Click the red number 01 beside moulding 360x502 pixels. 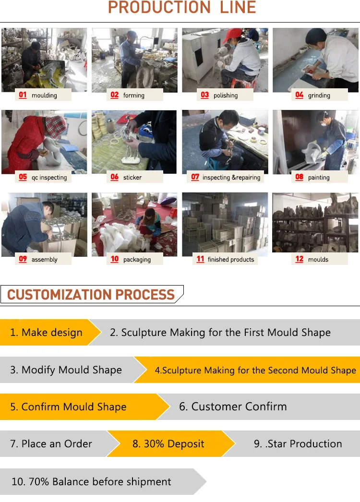[x=23, y=95]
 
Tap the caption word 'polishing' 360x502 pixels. [x=226, y=96]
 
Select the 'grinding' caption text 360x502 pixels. [x=319, y=96]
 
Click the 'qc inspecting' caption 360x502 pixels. [x=49, y=178]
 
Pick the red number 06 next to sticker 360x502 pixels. [x=114, y=177]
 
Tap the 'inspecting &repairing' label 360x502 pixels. [x=231, y=178]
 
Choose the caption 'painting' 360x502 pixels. [x=319, y=178]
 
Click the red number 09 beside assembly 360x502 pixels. [x=23, y=259]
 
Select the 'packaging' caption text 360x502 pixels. [x=137, y=260]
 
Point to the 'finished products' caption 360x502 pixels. [x=230, y=259]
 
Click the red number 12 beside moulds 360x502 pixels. [x=299, y=259]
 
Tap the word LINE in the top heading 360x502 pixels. [x=238, y=7]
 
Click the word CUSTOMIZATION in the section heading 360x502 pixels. [x=59, y=295]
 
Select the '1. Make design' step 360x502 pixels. [x=46, y=332]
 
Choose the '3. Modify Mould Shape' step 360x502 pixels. [x=66, y=370]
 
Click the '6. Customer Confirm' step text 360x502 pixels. [x=233, y=406]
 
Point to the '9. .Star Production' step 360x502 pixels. [x=298, y=444]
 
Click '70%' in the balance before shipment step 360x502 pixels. [x=39, y=481]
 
